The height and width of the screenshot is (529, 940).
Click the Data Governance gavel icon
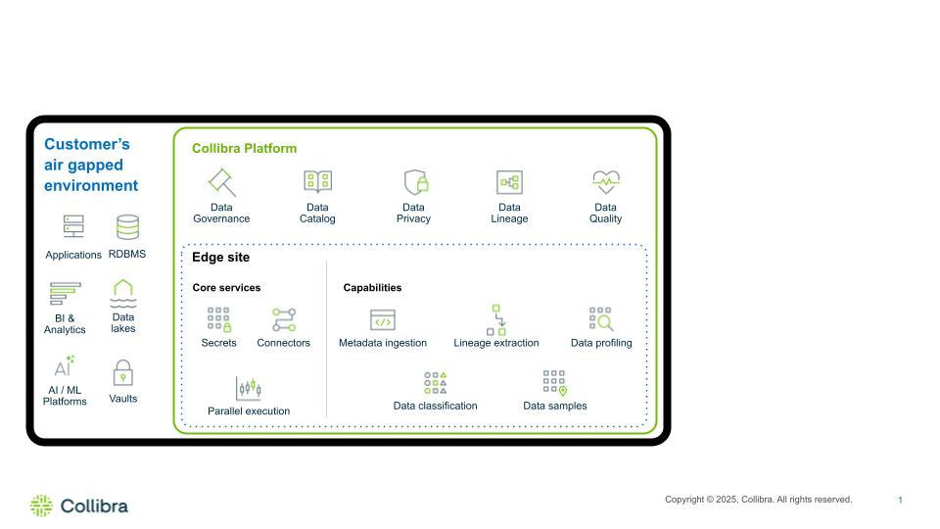[x=221, y=182]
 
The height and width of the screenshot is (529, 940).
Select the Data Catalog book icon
[x=317, y=182]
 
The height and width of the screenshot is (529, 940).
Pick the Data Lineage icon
[x=509, y=182]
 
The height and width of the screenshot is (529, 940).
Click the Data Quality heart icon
[x=606, y=182]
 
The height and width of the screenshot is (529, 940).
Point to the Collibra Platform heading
[x=244, y=149]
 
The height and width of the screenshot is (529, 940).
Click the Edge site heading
[x=220, y=258]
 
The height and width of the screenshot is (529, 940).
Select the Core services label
[x=226, y=288]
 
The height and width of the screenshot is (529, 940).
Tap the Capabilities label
[x=372, y=288]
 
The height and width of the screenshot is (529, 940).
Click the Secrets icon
[x=218, y=319]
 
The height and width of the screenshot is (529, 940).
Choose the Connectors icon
[x=284, y=319]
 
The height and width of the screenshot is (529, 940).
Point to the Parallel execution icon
[x=249, y=388]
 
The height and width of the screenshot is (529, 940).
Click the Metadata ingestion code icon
[x=383, y=320]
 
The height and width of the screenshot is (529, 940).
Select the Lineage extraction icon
[x=496, y=319]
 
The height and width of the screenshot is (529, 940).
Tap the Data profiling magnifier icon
[x=601, y=319]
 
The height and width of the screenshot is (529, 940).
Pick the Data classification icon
[x=436, y=383]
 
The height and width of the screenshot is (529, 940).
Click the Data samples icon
[x=555, y=382]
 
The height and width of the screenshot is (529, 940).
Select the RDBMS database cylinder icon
[x=127, y=227]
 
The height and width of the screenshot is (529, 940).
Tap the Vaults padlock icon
[x=123, y=373]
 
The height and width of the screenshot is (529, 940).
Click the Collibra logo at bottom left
[x=79, y=505]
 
